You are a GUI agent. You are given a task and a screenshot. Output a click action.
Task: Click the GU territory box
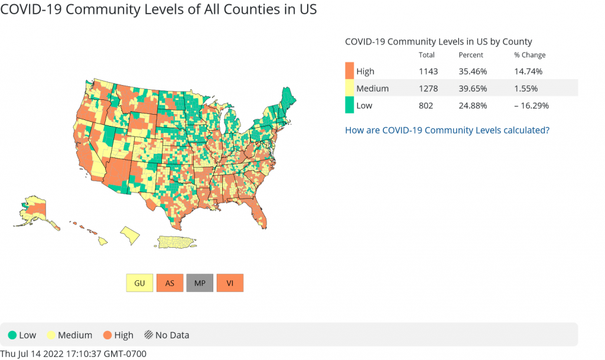point(139,283)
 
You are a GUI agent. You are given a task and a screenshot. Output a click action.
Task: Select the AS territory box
point(170,283)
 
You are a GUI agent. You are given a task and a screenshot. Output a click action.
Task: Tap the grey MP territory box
point(200,283)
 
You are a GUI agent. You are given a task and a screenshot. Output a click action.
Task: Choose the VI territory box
point(230,283)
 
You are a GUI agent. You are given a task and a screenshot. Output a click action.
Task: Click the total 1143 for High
point(427,72)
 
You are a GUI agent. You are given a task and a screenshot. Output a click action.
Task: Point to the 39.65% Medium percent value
point(471,89)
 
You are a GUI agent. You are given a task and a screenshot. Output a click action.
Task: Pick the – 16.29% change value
point(531,106)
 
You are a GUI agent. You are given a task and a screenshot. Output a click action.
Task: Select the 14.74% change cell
point(528,72)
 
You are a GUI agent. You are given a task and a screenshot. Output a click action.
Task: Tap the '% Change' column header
point(529,55)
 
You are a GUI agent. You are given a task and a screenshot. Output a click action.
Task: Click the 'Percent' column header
point(471,55)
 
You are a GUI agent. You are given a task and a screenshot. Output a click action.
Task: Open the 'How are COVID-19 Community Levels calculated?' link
point(447,129)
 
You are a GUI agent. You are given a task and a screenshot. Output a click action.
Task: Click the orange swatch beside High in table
point(349,72)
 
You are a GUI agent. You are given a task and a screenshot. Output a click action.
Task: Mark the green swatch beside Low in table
point(349,106)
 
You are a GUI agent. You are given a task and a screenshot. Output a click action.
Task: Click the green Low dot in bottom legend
point(12,335)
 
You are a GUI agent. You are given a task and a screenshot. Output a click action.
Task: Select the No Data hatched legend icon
point(148,335)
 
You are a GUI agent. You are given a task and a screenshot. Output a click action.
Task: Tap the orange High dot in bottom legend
point(107,335)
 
